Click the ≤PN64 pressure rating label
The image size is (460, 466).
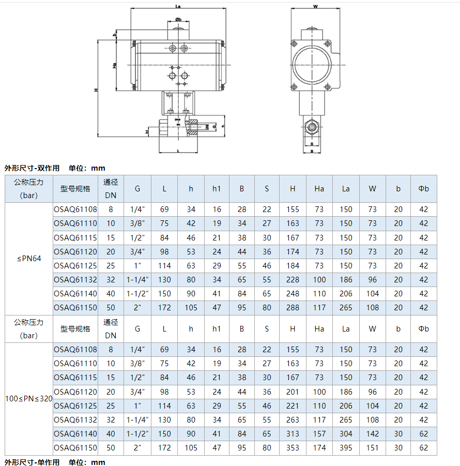pyautogui.click(x=29, y=259)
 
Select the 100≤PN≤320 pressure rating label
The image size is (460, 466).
pyautogui.click(x=29, y=399)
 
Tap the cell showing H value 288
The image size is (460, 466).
pyautogui.click(x=293, y=308)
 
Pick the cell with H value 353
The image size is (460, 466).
pyautogui.click(x=293, y=448)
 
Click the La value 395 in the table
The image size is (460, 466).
pyautogui.click(x=346, y=448)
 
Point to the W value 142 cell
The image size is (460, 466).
pyautogui.click(x=372, y=434)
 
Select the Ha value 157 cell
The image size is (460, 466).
pyautogui.click(x=319, y=434)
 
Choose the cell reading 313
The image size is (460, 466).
pyautogui.click(x=293, y=434)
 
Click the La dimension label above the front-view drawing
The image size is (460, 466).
pyautogui.click(x=178, y=7)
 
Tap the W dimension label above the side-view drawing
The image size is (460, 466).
pyautogui.click(x=315, y=7)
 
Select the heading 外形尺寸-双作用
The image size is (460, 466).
pyautogui.click(x=32, y=168)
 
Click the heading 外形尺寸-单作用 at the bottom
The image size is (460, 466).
pyautogui.click(x=32, y=462)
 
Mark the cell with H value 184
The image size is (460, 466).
pyautogui.click(x=293, y=266)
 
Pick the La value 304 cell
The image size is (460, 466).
pyautogui.click(x=346, y=434)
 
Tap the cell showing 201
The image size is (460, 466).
pyautogui.click(x=293, y=392)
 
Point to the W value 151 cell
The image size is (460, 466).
pyautogui.click(x=372, y=448)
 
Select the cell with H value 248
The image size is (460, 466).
pyautogui.click(x=293, y=294)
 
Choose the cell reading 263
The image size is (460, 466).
pyautogui.click(x=293, y=420)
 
